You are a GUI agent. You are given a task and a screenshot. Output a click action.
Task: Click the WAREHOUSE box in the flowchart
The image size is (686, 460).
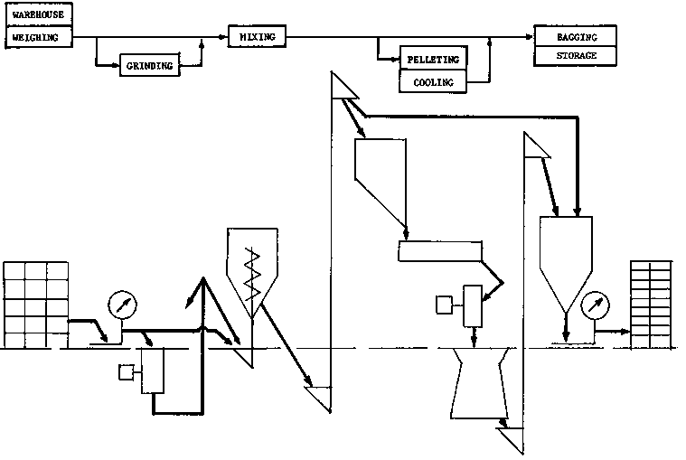pyautogui.click(x=38, y=14)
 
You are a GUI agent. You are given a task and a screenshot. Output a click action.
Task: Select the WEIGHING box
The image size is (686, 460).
pyautogui.click(x=38, y=37)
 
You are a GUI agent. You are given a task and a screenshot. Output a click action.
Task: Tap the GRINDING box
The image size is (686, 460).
pyautogui.click(x=150, y=65)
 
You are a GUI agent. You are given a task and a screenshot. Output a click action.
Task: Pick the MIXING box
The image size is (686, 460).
pyautogui.click(x=257, y=36)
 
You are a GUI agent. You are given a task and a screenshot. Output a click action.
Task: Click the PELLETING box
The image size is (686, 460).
pyautogui.click(x=434, y=60)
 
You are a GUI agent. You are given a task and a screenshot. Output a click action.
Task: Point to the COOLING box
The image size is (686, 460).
pyautogui.click(x=434, y=82)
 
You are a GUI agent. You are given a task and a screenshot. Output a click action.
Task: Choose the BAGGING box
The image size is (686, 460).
pyautogui.click(x=577, y=36)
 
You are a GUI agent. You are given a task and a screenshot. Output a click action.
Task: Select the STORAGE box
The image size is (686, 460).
pyautogui.click(x=577, y=56)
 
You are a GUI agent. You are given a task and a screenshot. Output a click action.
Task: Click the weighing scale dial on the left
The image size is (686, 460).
pyautogui.click(x=119, y=304)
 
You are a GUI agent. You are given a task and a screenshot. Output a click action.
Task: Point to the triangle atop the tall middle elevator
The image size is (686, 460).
pyautogui.click(x=342, y=87)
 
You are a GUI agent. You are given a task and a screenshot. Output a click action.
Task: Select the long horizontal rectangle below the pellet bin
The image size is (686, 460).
pyautogui.click(x=439, y=251)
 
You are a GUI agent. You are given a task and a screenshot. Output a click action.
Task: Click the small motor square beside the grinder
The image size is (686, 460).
pyautogui.click(x=126, y=371)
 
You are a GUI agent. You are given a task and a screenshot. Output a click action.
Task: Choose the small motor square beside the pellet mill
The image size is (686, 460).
pyautogui.click(x=444, y=305)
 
